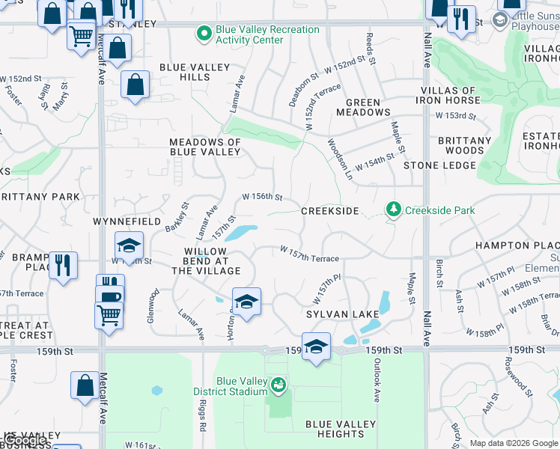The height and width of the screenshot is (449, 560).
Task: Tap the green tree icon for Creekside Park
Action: coord(394,210)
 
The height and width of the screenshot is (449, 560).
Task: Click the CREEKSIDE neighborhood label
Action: coord(330,211)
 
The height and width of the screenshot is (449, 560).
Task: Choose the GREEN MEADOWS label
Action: coord(368,108)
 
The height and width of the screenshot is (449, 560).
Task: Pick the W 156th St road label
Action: coord(261,198)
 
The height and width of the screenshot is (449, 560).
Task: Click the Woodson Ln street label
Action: coord(339,159)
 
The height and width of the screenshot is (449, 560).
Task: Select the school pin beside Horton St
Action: coord(246,302)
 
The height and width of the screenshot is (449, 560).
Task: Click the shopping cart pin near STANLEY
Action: coord(81,34)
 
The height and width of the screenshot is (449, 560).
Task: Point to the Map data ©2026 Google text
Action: coord(514,443)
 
